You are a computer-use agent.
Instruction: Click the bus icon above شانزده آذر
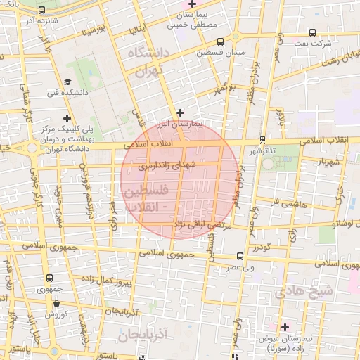pyautogui.click(x=42, y=11)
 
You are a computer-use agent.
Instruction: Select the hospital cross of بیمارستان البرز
pyautogui.click(x=181, y=112)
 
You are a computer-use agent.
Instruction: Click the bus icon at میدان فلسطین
pyautogui.click(x=221, y=41)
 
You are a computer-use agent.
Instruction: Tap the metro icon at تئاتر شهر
pyautogui.click(x=262, y=139)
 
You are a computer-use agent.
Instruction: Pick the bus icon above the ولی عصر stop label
pyautogui.click(x=240, y=256)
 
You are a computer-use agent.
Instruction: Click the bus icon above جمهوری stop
pyautogui.click(x=49, y=278)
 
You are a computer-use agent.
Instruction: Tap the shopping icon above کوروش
pyautogui.click(x=56, y=304)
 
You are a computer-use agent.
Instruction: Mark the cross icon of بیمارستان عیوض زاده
pyautogui.click(x=285, y=327)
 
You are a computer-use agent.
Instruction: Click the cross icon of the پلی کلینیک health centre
pyautogui.click(x=67, y=118)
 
